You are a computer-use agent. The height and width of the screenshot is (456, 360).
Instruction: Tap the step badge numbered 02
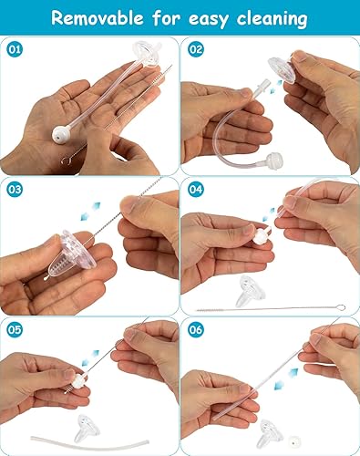coord(196,49)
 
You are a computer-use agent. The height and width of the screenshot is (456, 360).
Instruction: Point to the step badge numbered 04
coord(196,190)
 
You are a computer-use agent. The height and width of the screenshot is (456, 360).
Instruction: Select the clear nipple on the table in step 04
coord(246,291)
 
